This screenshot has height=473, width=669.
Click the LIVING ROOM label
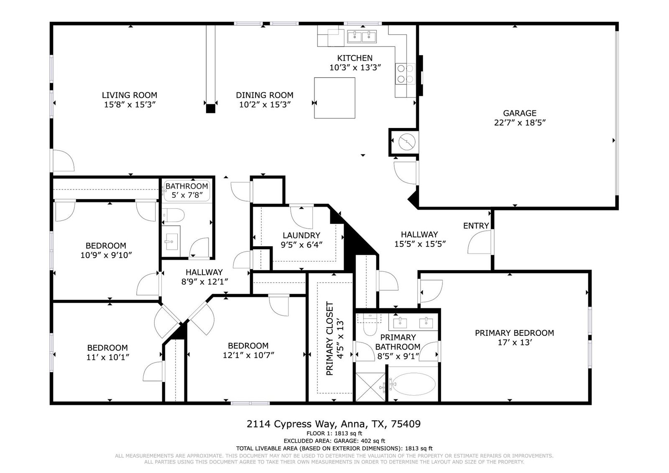click(x=130, y=95)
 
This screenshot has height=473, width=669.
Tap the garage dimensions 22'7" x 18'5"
click(x=520, y=123)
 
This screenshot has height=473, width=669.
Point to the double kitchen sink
click(x=362, y=36)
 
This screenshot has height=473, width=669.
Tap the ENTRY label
click(x=476, y=226)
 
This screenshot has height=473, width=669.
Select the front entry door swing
click(x=480, y=243)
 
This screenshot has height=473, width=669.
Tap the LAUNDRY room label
click(x=301, y=235)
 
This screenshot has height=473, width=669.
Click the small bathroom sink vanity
click(x=171, y=241)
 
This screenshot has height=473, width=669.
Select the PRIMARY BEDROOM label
click(x=514, y=333)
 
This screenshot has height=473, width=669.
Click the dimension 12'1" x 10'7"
click(x=248, y=355)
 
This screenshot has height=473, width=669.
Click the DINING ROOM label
click(x=265, y=95)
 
